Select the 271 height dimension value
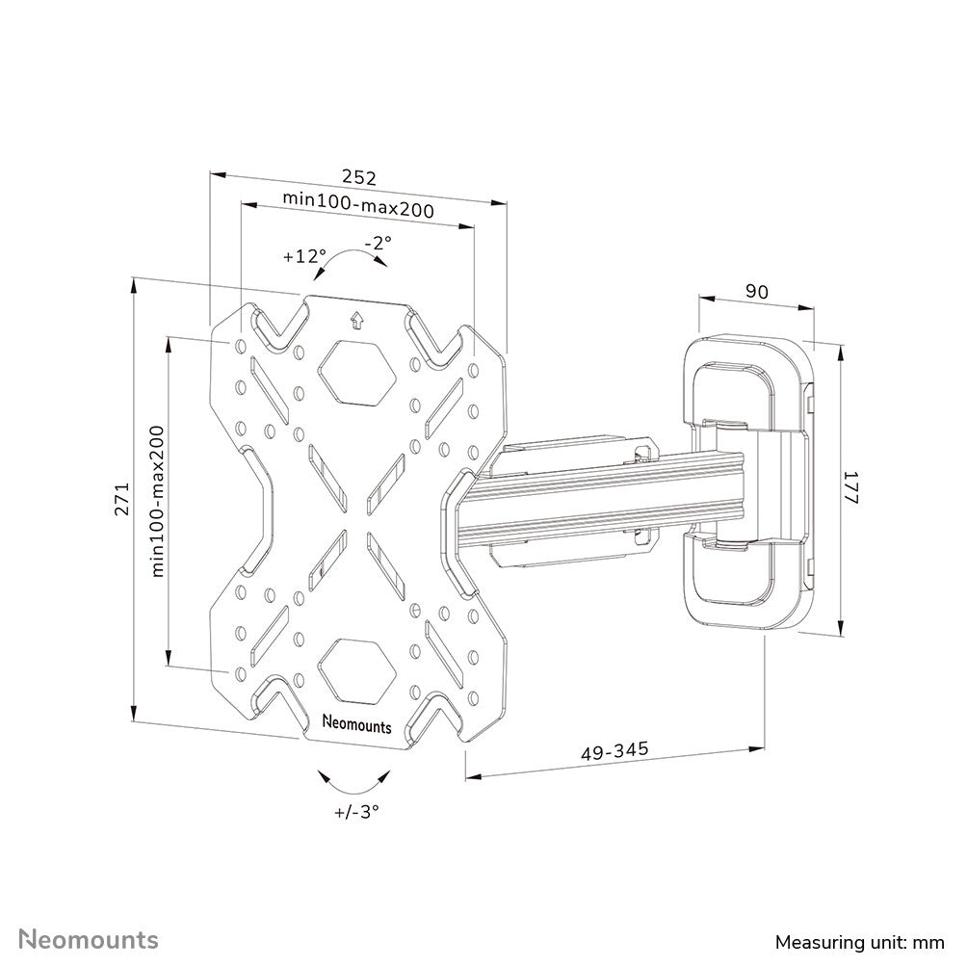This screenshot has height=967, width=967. tap(121, 499)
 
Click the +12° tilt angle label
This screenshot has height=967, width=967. tap(304, 256)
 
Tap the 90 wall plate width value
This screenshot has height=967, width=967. tap(757, 292)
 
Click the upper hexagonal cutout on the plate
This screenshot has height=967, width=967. tap(356, 371)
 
